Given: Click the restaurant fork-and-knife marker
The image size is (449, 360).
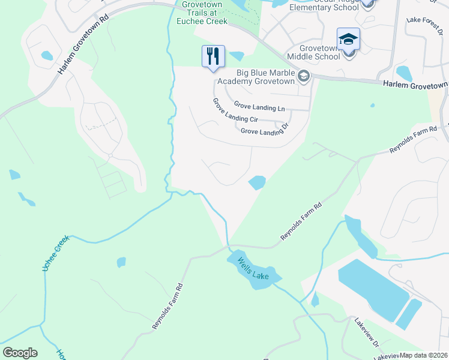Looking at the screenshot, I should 213,56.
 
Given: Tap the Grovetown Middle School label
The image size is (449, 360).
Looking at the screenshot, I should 313,52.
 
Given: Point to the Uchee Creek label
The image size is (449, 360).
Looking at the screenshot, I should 56,253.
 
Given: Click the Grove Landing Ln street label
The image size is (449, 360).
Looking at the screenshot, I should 259,107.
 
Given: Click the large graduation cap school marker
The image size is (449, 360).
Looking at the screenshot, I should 348,40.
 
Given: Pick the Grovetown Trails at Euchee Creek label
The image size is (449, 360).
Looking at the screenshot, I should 200,13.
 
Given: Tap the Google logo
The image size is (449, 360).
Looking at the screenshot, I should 20,352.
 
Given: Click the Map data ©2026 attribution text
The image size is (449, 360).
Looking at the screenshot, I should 424,355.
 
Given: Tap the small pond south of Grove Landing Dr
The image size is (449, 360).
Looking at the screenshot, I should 257,182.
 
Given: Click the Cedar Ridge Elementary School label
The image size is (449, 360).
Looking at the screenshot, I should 325,5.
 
